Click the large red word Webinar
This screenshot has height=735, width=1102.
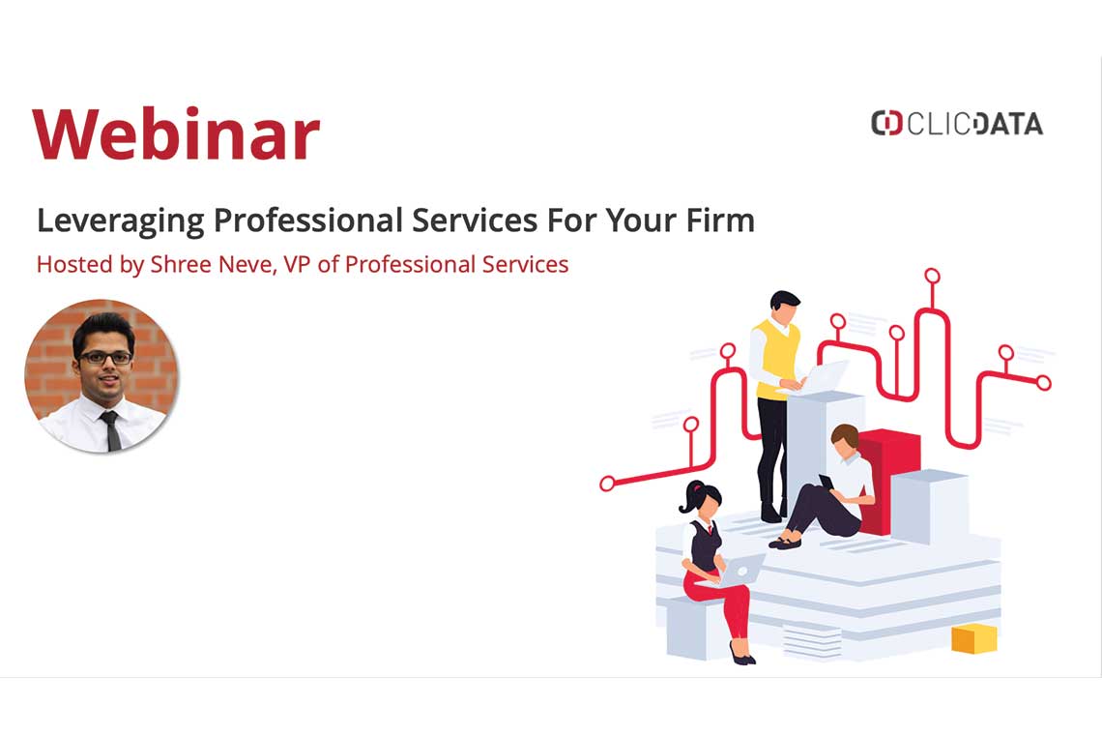coord(176,133)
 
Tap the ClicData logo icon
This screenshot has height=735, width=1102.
coord(885,124)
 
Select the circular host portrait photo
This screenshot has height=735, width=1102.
coord(101,376)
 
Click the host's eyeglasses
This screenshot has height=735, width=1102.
coord(105,358)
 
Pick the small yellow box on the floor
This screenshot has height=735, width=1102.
coord(972,638)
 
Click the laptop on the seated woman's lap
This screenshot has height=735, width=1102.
coord(739,572)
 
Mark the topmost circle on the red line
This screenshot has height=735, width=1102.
coord(932,276)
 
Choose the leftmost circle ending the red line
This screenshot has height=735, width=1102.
coord(607,484)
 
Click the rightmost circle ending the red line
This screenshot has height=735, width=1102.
coord(1043,383)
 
